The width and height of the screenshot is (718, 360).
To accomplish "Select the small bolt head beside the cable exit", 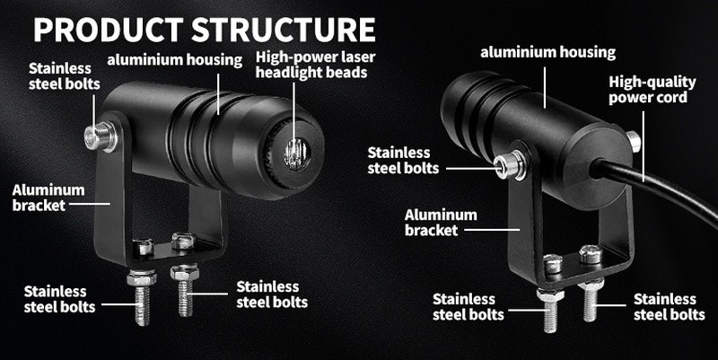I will (x=634, y=140).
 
